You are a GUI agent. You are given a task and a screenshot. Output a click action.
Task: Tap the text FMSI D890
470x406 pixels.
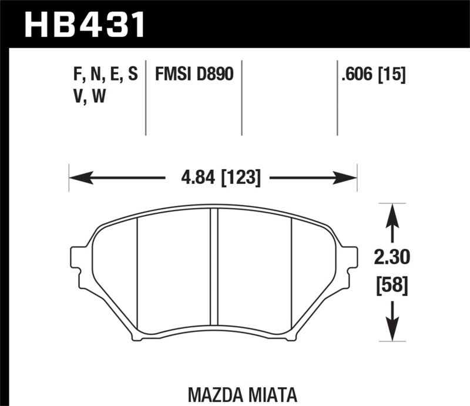click(x=194, y=75)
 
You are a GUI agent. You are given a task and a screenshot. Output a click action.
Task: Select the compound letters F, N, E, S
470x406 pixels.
click(x=102, y=75)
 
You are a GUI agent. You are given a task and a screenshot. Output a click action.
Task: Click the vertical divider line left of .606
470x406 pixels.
click(x=337, y=97)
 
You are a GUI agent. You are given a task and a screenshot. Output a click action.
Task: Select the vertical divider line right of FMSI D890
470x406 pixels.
click(x=242, y=97)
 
